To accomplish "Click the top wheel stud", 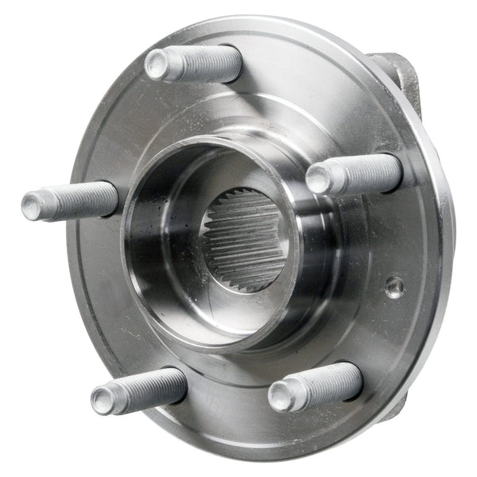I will pyautogui.click(x=195, y=63).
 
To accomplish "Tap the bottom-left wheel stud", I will pyautogui.click(x=139, y=389).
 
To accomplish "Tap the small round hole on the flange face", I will pyautogui.click(x=394, y=286).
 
